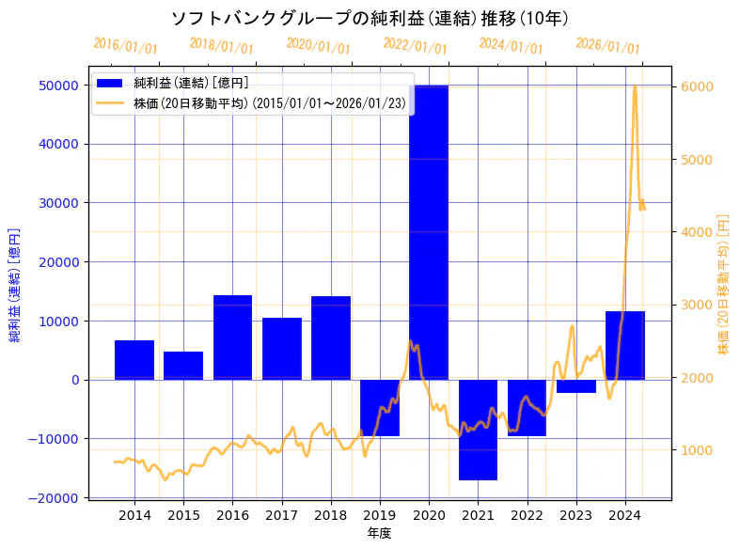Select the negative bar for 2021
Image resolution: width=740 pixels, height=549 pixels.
coord(478,430)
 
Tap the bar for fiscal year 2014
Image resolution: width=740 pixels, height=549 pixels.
coord(134,360)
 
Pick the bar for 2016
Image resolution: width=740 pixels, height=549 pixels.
coord(232,337)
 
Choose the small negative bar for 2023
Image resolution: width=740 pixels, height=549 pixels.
coord(576,386)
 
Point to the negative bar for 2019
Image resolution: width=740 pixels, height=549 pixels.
coord(380,408)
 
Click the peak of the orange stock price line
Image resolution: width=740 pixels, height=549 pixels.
coord(635,86)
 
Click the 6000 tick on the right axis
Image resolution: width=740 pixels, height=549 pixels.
coord(695,86)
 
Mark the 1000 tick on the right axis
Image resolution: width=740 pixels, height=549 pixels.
coord(695,450)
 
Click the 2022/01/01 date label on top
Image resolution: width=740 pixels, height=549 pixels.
coord(416,46)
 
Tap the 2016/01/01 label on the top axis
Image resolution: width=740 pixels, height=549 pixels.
coord(126,45)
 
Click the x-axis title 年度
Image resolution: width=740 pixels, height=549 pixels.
coord(380,533)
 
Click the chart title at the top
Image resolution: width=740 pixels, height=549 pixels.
coord(370,18)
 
